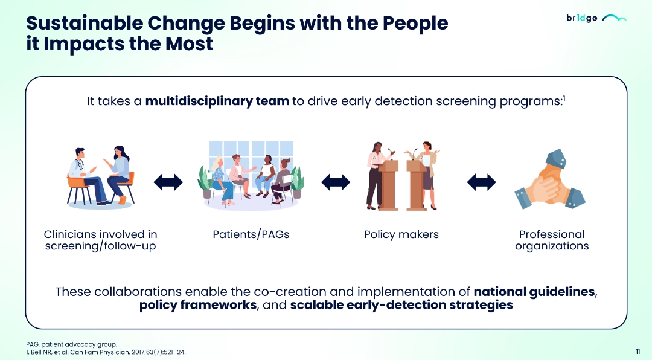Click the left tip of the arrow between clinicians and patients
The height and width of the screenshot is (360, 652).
154,182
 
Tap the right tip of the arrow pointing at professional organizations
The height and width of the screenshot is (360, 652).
496,182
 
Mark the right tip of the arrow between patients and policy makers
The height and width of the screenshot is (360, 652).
350,182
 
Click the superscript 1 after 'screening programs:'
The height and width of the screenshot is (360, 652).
564,98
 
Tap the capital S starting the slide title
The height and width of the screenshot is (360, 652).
33,24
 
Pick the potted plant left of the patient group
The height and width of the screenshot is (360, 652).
206,182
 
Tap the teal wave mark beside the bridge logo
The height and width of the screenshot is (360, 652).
614,18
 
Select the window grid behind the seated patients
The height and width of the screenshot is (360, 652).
251,156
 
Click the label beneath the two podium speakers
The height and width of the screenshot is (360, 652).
401,234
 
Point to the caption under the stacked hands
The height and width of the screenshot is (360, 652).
552,240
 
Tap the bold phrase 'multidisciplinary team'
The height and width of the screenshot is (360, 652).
217,101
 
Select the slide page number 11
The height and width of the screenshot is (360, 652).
638,352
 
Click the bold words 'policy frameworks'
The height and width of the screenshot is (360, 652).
198,305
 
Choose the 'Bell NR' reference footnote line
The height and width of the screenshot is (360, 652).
106,352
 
